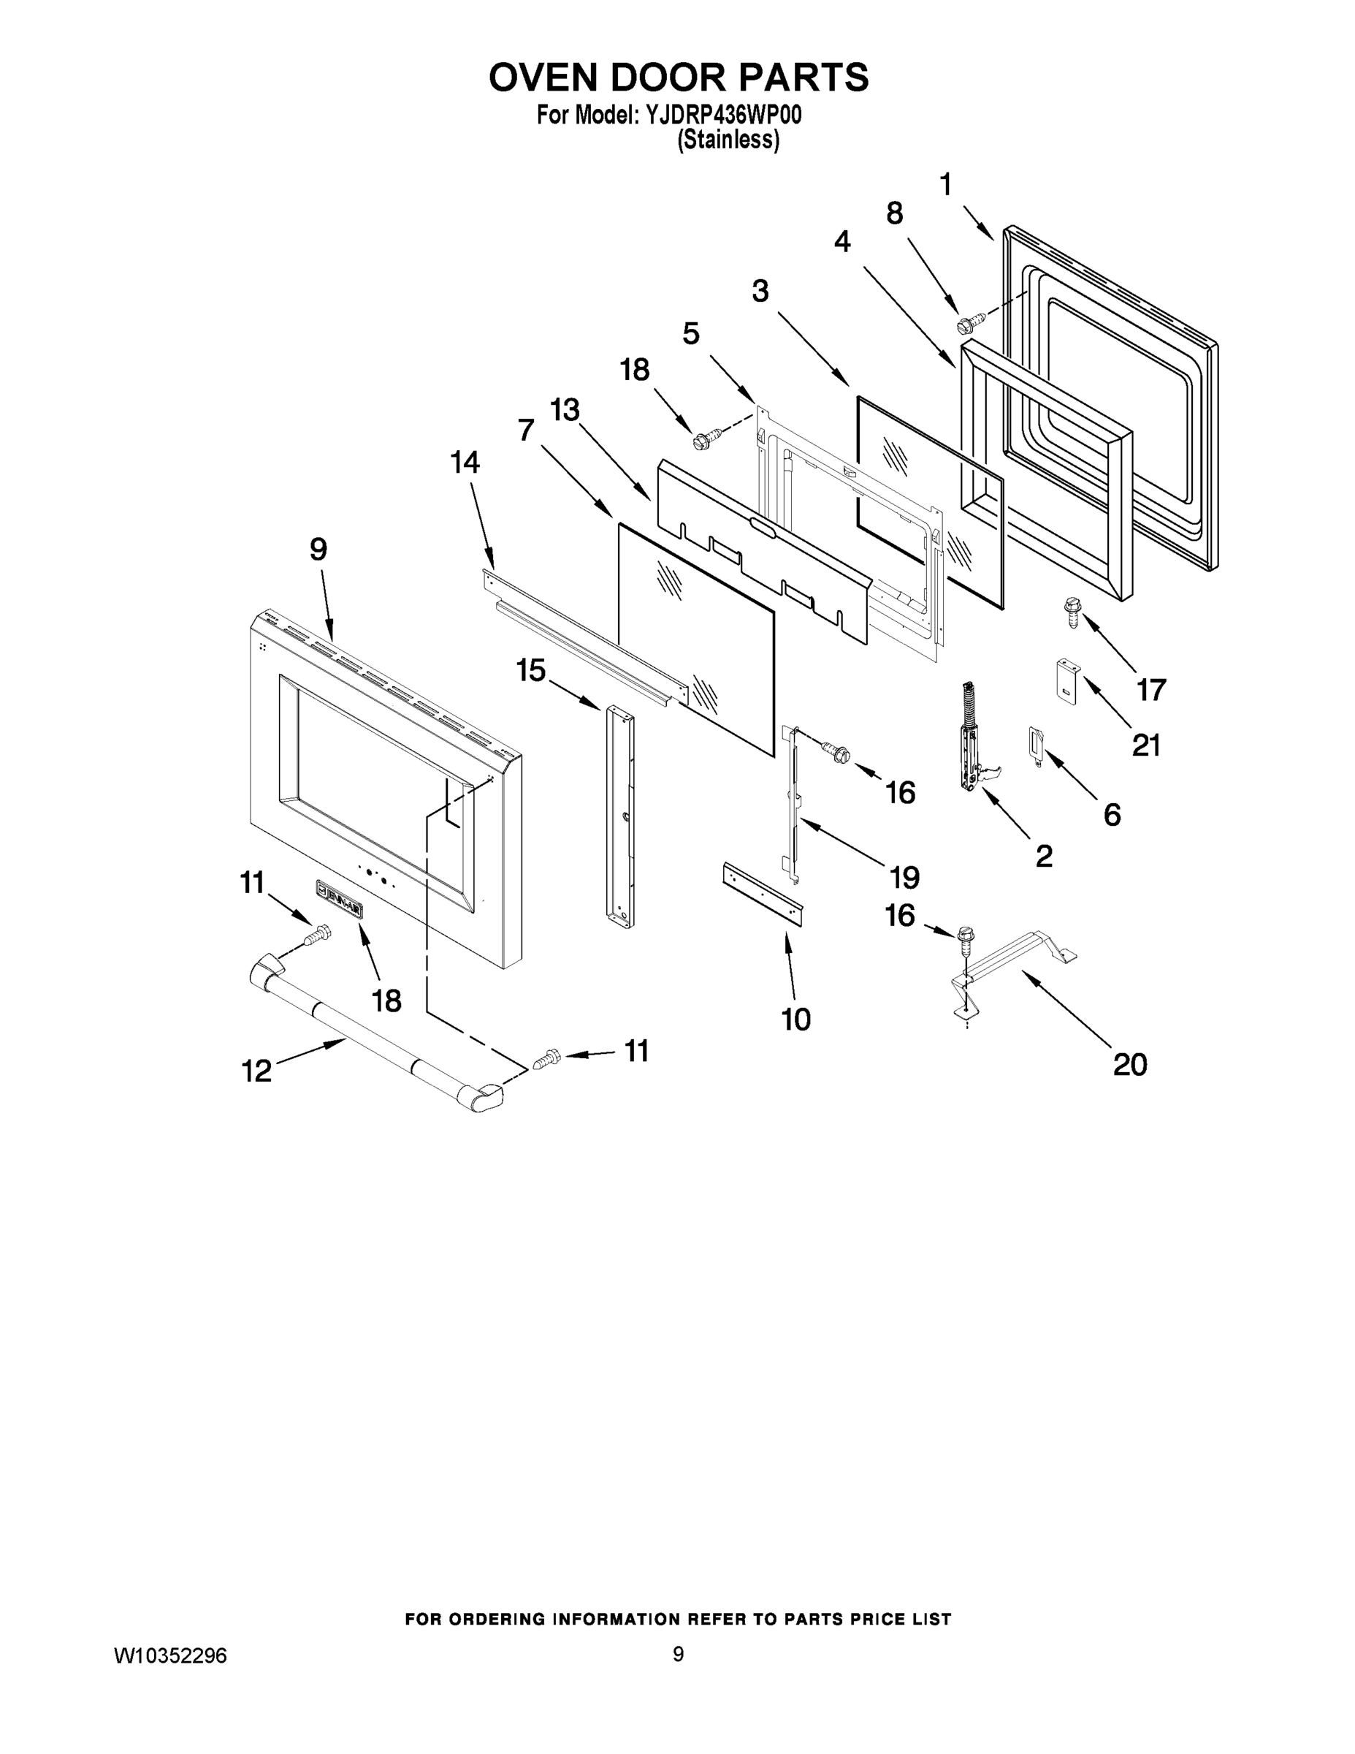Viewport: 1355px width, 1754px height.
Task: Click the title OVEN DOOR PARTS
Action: tap(679, 78)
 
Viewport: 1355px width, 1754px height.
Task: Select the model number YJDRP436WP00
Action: tap(722, 115)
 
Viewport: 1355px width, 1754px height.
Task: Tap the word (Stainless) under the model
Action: tap(728, 140)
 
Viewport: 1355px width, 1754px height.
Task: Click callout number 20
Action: tap(1129, 1064)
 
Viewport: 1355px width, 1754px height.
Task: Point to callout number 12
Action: tap(257, 1071)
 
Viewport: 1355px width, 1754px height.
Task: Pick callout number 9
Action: tap(318, 550)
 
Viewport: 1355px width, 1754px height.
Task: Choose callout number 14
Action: tap(465, 463)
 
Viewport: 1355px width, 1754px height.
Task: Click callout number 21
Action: tap(1145, 745)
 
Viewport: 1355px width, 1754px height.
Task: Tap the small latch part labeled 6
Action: tap(1035, 744)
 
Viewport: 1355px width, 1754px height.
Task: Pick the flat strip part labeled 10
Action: tap(763, 893)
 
